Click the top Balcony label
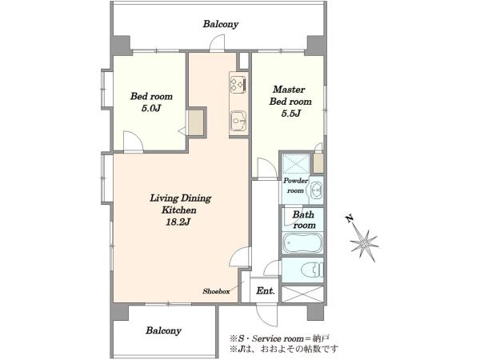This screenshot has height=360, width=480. [221, 24]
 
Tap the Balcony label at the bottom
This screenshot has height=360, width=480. [163, 330]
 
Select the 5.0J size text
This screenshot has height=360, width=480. [151, 108]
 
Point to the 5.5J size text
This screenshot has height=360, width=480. [291, 114]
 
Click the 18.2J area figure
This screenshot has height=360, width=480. [178, 222]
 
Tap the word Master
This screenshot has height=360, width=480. [289, 90]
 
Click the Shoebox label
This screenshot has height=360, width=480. [216, 291]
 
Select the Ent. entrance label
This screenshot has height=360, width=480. [266, 290]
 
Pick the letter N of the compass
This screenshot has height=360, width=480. [350, 218]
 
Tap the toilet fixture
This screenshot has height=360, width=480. [312, 270]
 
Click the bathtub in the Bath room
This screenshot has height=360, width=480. [302, 243]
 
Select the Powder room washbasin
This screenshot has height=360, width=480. [317, 190]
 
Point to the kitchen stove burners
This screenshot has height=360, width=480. [238, 84]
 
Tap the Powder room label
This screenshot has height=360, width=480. [295, 186]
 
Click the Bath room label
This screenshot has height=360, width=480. [303, 220]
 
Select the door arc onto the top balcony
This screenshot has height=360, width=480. [217, 42]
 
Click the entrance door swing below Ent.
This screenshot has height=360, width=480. [267, 314]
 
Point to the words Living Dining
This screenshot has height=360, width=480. [180, 198]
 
